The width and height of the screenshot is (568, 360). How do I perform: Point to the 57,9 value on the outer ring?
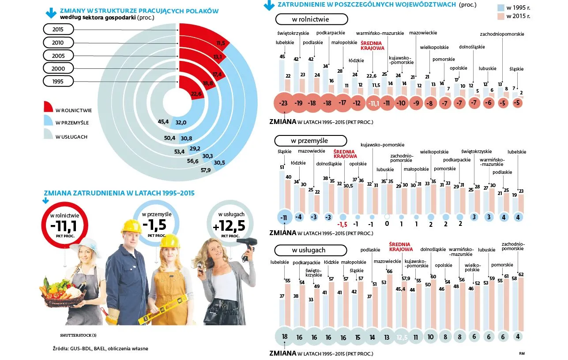(205, 170)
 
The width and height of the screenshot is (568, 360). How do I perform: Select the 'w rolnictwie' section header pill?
(311, 19)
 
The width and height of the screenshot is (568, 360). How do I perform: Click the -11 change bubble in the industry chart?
(284, 217)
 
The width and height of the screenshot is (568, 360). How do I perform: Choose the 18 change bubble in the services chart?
(285, 337)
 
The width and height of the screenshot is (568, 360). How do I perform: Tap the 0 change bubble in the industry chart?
(387, 217)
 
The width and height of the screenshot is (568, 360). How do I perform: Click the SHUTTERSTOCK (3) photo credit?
(78, 335)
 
